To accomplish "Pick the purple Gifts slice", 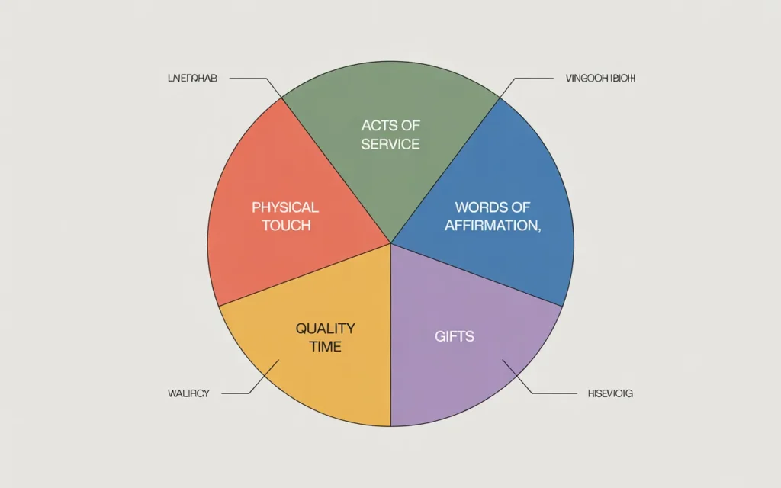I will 465,358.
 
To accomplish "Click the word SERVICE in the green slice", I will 390,144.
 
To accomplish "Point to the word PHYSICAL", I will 285,207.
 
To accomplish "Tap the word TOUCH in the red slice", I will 286,226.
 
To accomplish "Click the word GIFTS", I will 455,336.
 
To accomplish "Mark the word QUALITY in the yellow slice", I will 325,329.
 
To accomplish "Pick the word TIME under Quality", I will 326,347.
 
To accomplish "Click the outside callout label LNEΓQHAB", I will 191,79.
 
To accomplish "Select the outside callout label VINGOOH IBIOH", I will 600,79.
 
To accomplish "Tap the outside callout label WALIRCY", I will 188,393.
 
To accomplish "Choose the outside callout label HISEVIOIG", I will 610,393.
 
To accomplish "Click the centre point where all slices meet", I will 390,244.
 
